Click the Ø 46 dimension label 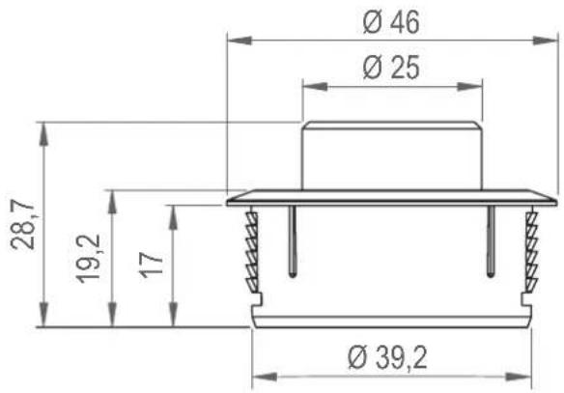391,22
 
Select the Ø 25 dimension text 391,68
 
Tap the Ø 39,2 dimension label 387,358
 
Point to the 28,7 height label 22,224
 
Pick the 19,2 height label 88,259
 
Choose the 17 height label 152,265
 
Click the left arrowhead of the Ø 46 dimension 240,41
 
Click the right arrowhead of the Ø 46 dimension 546,41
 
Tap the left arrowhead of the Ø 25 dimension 315,87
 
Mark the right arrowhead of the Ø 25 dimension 469,87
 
